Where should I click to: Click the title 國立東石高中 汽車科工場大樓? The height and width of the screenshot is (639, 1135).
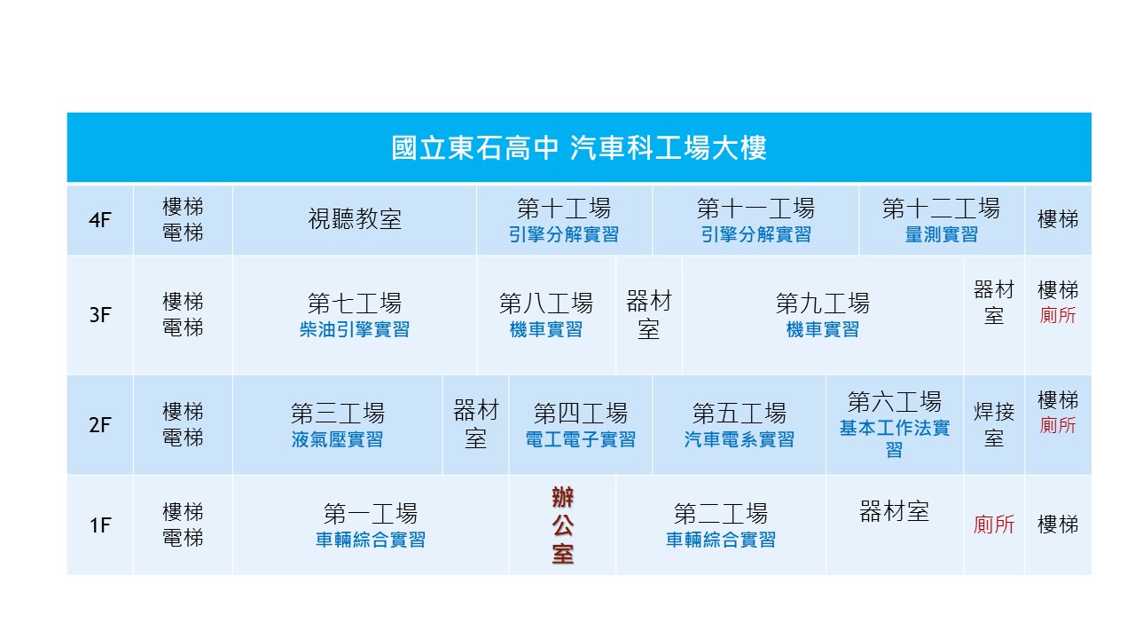[x=579, y=148]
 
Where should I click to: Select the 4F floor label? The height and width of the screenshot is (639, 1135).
[x=100, y=220]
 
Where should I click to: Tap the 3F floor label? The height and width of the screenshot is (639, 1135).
[x=100, y=315]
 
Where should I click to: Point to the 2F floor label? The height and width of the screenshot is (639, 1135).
[x=100, y=425]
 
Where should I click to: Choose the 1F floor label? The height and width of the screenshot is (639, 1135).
[x=100, y=525]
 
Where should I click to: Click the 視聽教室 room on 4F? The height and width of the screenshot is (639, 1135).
[x=355, y=219]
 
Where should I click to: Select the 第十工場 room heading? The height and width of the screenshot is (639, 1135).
[x=564, y=209]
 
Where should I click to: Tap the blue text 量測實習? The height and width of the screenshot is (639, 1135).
[x=942, y=235]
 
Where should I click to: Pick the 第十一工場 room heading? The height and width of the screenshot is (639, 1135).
[x=755, y=209]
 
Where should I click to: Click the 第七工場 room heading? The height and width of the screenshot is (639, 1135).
[x=355, y=304]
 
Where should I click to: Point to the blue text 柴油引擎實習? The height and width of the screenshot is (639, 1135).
[x=355, y=329]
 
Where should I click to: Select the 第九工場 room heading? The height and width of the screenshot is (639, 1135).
[x=822, y=304]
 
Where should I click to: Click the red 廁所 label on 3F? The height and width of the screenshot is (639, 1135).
[x=1058, y=315]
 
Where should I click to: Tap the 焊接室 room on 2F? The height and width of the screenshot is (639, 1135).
[x=994, y=425]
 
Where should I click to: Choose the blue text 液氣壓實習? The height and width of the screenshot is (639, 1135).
[x=338, y=439]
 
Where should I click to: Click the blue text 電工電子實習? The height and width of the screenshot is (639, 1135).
[x=581, y=439]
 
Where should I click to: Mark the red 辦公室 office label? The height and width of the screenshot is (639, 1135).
[x=563, y=526]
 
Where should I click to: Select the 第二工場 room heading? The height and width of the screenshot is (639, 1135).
[x=721, y=514]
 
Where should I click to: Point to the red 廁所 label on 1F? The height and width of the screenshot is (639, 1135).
[x=994, y=525]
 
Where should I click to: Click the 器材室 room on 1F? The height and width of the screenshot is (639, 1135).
[x=895, y=512]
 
